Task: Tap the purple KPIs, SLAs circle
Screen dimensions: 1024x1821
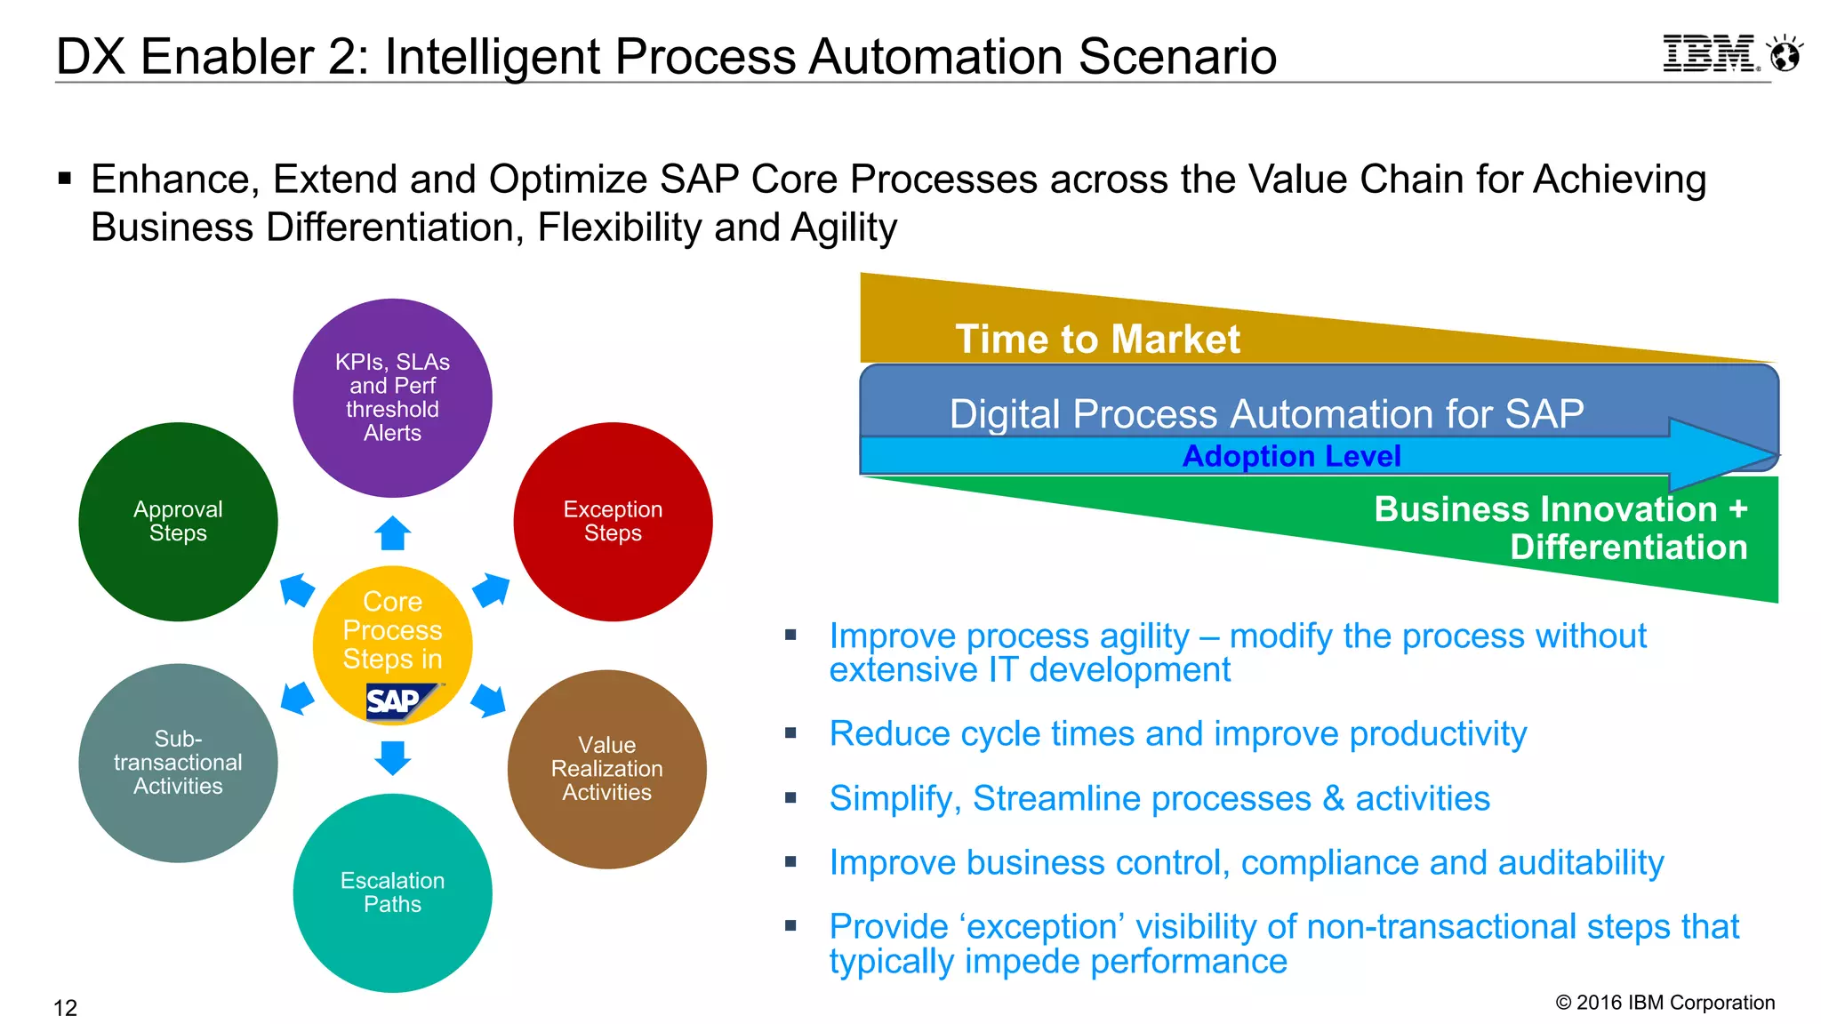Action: coord(392,397)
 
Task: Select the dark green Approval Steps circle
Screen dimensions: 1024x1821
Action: coord(178,521)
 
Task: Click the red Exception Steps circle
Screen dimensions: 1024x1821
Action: coord(613,521)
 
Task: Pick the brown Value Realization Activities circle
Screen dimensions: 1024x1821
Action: coord(606,769)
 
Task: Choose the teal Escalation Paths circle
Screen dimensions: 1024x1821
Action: coord(392,892)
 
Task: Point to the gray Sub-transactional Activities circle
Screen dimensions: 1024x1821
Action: coord(178,763)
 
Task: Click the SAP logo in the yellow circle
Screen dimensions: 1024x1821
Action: coord(397,701)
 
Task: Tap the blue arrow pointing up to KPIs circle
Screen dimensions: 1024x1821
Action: coord(392,533)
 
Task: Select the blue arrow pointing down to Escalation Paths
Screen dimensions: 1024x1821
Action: coord(392,757)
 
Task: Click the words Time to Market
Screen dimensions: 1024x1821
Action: coord(1096,340)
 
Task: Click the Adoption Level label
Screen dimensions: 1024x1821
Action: coord(1291,456)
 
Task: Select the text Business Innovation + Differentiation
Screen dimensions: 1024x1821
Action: coord(1560,528)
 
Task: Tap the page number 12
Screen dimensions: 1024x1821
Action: coord(66,1008)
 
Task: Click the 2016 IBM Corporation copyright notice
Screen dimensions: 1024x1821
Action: coord(1665,1003)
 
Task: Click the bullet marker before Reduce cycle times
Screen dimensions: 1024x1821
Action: coord(790,733)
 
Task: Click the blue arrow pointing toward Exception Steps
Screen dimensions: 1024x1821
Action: coord(491,590)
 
